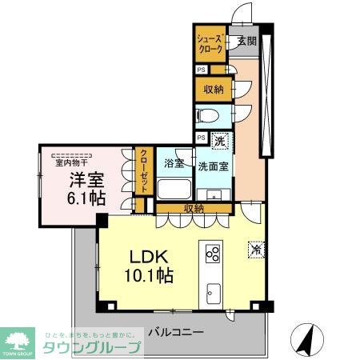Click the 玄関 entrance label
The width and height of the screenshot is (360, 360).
(246, 41)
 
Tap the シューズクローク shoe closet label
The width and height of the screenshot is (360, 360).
(210, 43)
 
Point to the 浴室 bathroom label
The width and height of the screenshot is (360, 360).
(174, 165)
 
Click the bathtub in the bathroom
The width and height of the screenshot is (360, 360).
(173, 189)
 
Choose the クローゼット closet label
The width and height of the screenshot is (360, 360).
(144, 170)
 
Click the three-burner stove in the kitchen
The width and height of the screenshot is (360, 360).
(214, 255)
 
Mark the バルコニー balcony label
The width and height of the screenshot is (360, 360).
(176, 330)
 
